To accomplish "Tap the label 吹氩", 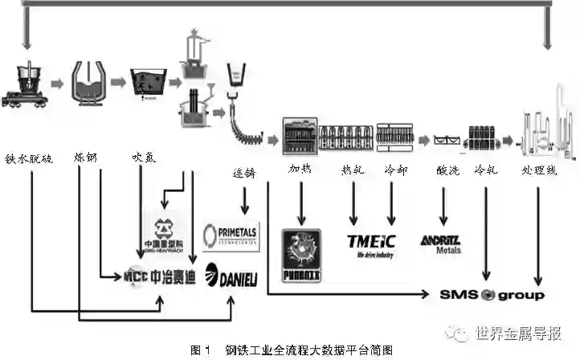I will (147, 158).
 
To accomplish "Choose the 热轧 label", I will (353, 170).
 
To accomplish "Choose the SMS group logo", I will (491, 295).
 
